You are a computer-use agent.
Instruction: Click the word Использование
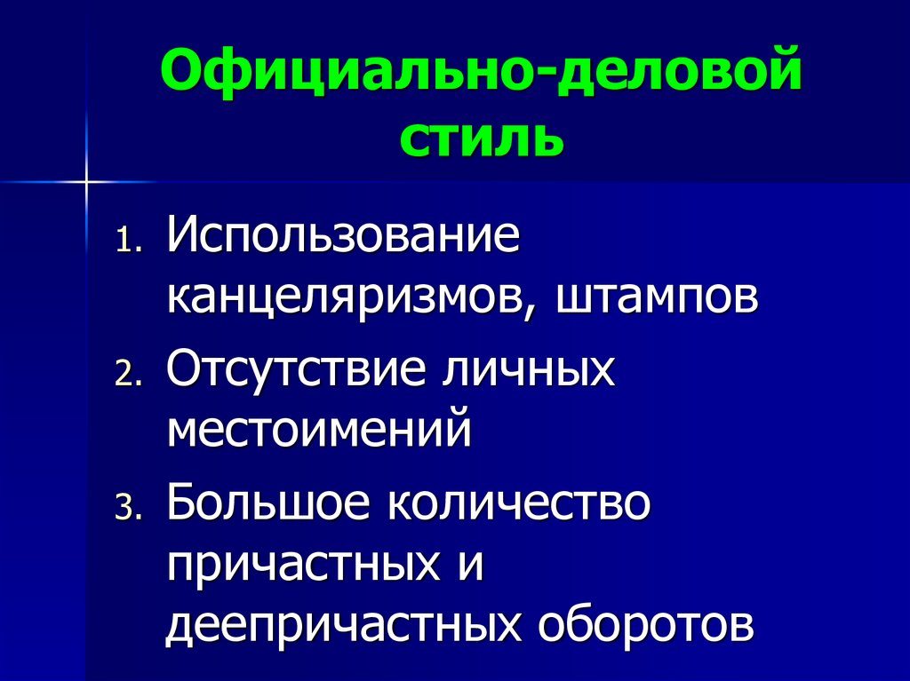pos(341,238)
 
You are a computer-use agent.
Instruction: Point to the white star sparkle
pos(88,181)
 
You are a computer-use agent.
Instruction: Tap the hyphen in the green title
pos(548,82)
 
